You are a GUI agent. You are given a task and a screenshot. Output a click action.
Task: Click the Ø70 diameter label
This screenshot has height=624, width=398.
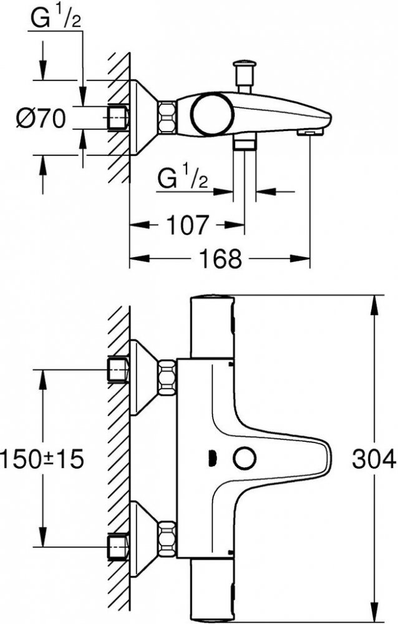point(41,118)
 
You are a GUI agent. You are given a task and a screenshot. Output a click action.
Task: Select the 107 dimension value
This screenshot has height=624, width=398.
point(187,225)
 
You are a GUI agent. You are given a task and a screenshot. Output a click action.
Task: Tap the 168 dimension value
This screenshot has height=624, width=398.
point(220,259)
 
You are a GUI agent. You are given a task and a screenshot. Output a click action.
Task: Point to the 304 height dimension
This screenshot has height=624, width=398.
point(374,459)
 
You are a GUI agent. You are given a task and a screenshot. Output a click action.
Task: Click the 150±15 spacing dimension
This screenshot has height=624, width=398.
point(42,459)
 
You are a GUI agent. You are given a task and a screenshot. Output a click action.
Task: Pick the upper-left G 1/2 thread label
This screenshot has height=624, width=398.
point(56,19)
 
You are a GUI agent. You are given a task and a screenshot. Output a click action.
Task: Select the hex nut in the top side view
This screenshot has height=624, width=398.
point(167,117)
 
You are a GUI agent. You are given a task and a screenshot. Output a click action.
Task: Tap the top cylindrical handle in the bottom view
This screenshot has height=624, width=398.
point(213,327)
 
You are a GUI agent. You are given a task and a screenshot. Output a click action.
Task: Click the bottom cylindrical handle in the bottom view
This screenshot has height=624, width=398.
point(213,590)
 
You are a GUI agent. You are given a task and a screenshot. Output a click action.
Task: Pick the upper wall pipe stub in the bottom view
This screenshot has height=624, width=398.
point(118,370)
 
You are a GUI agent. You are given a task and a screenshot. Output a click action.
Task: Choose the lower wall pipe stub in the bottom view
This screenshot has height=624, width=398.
point(118,548)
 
